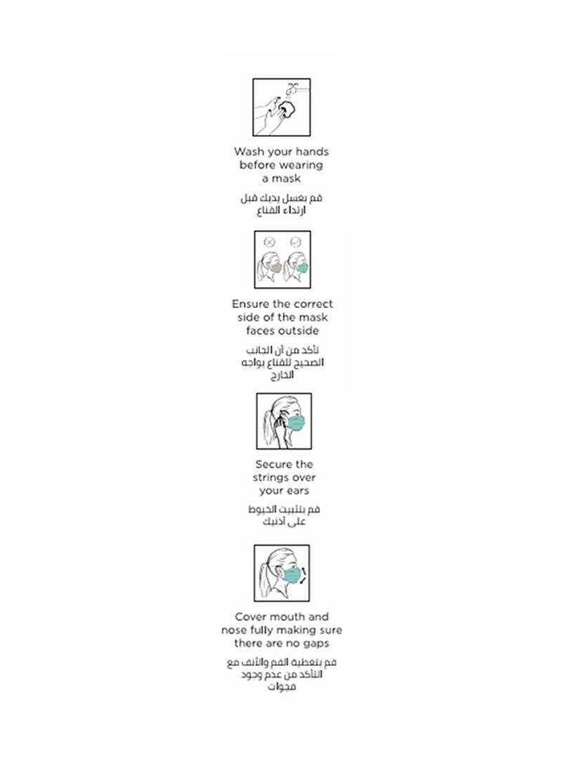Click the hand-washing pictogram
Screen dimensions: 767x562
click(281, 107)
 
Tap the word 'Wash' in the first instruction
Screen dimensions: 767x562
click(248, 151)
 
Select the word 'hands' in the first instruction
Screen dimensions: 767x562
click(312, 151)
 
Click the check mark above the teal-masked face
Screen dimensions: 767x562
click(295, 242)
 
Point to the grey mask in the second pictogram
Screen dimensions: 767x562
click(276, 268)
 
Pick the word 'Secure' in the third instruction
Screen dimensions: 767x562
click(274, 465)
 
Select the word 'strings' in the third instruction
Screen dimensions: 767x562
click(270, 478)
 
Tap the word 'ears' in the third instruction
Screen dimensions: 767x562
click(297, 491)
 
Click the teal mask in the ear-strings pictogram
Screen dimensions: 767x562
click(296, 423)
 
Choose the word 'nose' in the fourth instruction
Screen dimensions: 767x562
click(233, 631)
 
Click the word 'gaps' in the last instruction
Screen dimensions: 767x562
click(315, 644)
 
